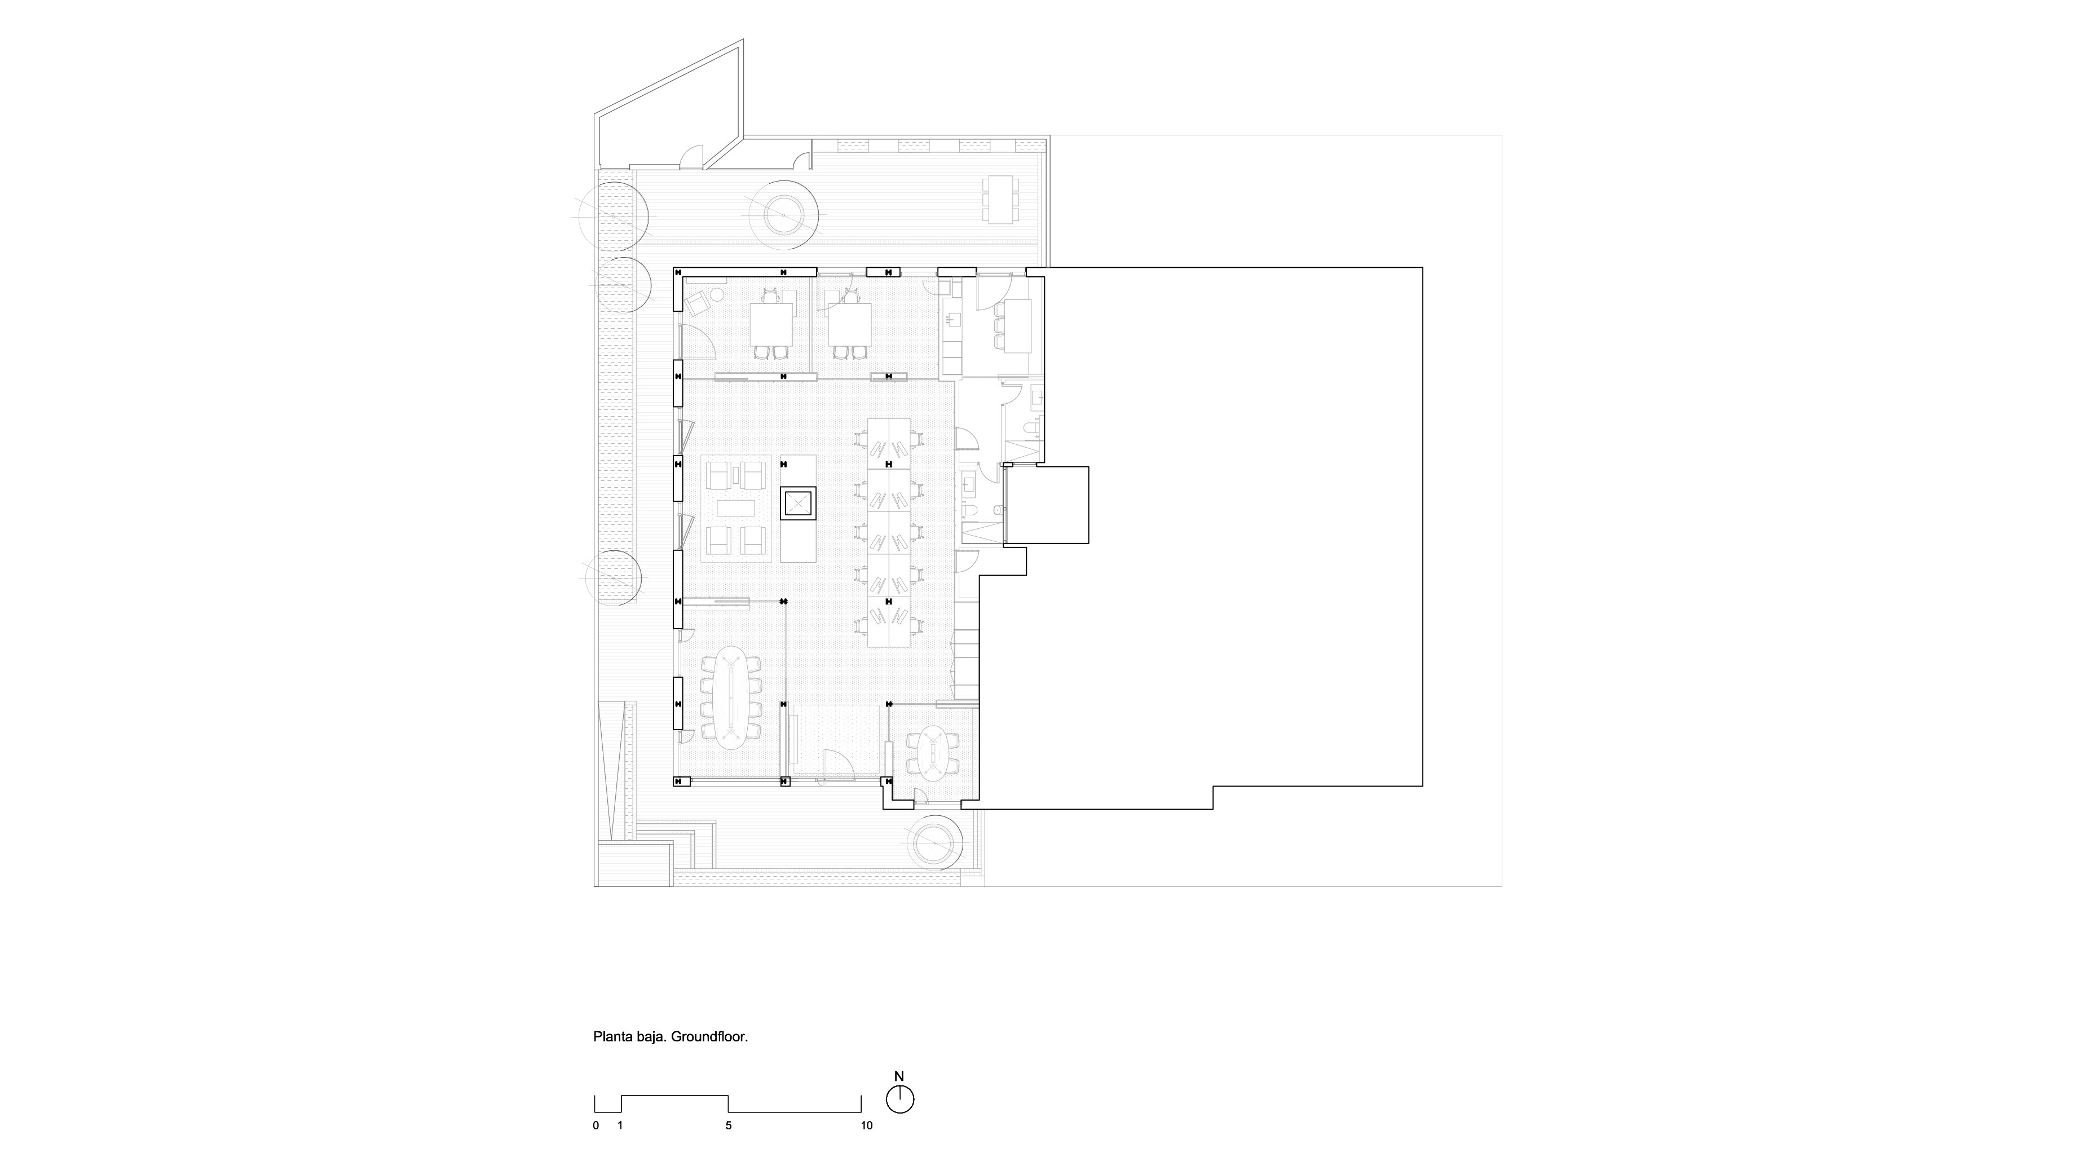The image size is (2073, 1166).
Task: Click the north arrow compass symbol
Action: [x=899, y=1099]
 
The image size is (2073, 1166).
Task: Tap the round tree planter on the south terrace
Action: [x=935, y=842]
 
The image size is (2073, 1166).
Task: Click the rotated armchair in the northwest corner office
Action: [x=697, y=303]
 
